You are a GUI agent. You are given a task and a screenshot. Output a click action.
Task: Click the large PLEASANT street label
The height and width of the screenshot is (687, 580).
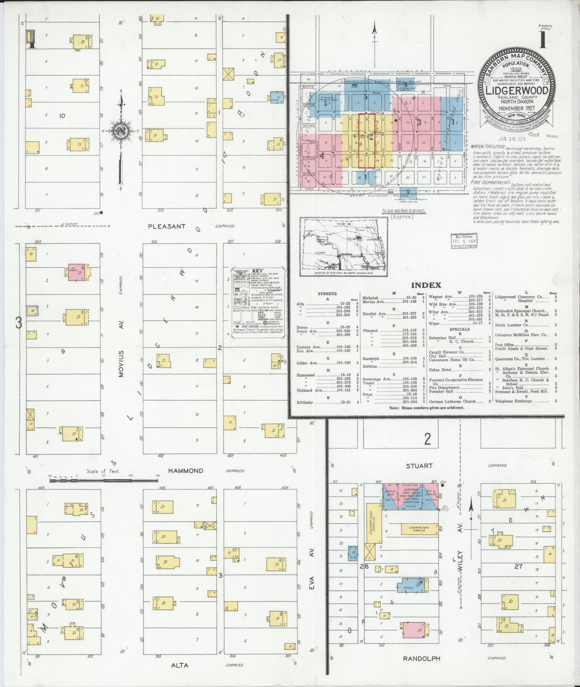167,226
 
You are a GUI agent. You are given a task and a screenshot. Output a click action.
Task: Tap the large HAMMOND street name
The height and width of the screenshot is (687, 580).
185,470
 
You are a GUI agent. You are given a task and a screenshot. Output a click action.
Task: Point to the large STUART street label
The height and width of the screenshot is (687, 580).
419,466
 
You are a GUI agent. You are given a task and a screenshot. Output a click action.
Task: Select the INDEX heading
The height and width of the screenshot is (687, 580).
426,285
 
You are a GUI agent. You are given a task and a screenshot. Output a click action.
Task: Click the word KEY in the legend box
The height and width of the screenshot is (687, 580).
257,271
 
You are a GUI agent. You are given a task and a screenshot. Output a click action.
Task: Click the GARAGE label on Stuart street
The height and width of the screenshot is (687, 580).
411,490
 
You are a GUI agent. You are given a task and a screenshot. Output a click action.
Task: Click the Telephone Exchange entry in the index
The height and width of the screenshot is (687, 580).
513,401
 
